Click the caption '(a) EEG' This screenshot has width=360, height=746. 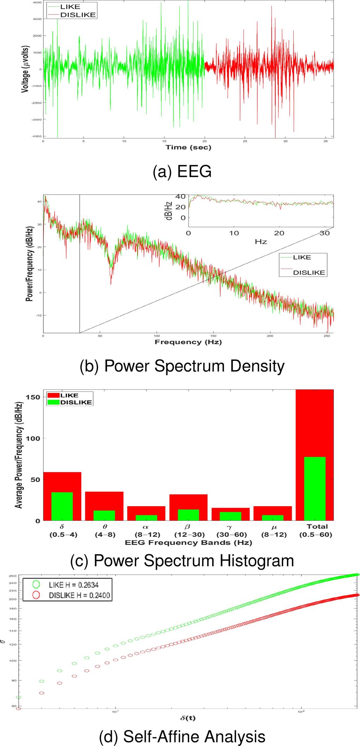point(182,172)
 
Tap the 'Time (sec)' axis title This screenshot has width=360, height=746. point(188,147)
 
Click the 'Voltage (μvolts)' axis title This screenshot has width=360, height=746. point(25,69)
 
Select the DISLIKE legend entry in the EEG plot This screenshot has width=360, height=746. point(78,15)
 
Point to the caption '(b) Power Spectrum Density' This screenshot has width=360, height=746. point(182,366)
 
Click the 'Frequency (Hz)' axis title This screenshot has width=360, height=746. point(188,342)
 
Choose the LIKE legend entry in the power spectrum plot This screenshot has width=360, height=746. point(302,257)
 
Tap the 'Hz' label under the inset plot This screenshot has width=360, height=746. point(261,242)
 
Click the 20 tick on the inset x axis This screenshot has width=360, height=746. point(279,233)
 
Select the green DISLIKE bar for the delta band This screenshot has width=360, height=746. point(62,506)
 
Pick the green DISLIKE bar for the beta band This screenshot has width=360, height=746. point(188,515)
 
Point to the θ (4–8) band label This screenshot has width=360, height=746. point(105,530)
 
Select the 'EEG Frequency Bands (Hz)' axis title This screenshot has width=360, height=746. point(188,543)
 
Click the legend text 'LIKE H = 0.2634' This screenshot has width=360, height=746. point(73,585)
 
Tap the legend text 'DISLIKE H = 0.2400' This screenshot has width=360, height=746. point(79,595)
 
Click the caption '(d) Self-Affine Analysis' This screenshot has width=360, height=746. point(182,736)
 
